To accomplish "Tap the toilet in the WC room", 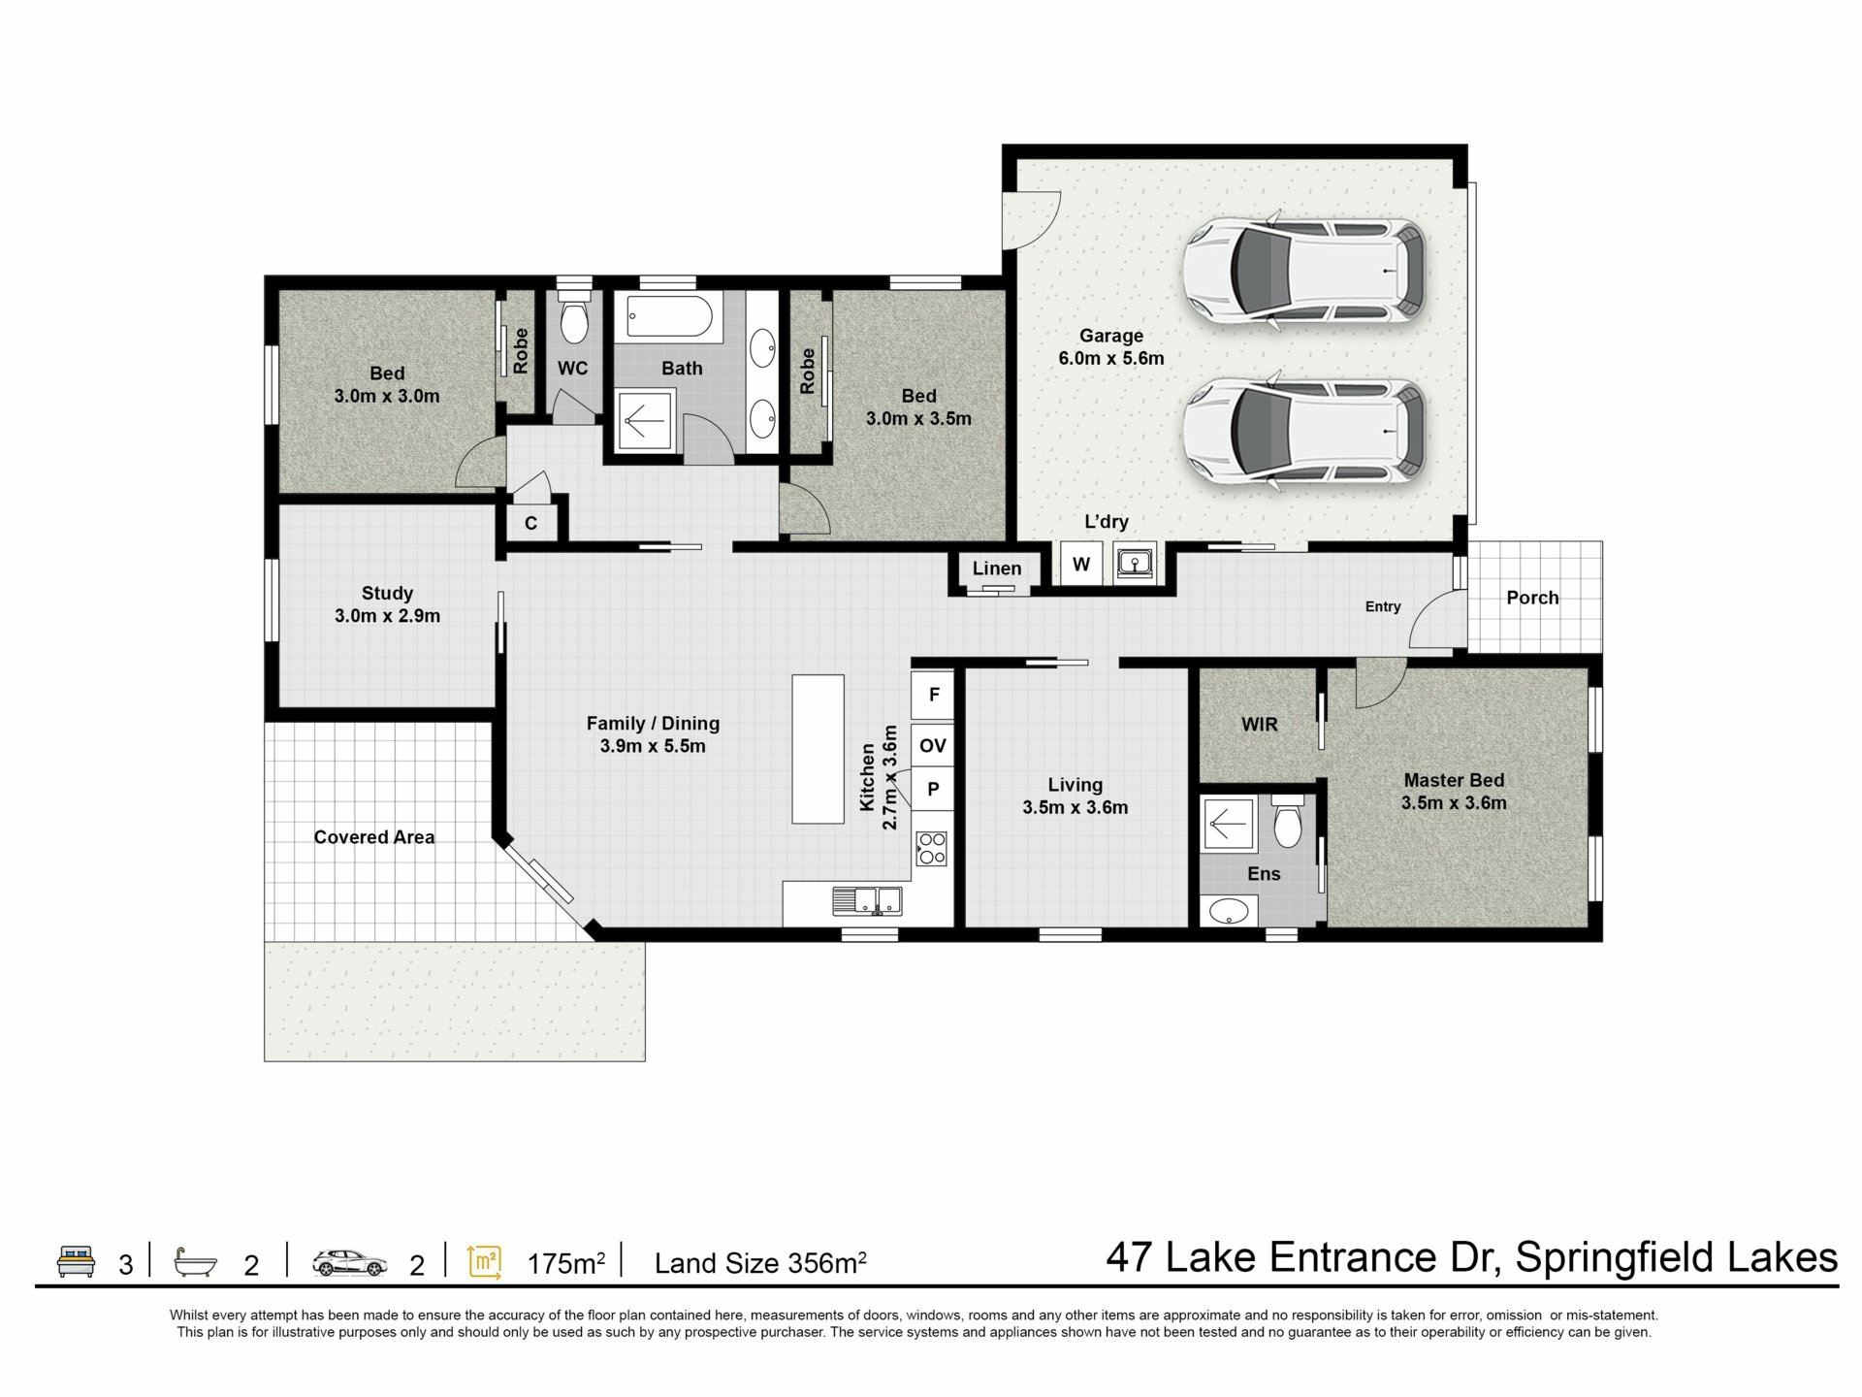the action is [x=574, y=312].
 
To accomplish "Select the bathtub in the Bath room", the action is [x=670, y=318].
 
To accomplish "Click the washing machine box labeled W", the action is [x=1081, y=564].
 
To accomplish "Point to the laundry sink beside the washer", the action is [x=1134, y=563].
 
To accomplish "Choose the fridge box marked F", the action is [x=933, y=695].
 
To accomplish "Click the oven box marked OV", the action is [x=933, y=745].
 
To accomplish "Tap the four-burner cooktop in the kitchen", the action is [x=932, y=848].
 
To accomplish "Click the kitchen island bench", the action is [x=818, y=749].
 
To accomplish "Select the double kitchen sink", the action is [x=867, y=901].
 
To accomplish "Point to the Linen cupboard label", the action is [x=997, y=569].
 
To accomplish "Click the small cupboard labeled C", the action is [x=530, y=524].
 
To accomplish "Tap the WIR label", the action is [x=1260, y=725].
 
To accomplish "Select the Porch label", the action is [x=1532, y=598].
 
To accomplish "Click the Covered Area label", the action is [x=374, y=837].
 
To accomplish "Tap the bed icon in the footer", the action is [x=76, y=1261].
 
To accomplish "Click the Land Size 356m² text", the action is [x=760, y=1263].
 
